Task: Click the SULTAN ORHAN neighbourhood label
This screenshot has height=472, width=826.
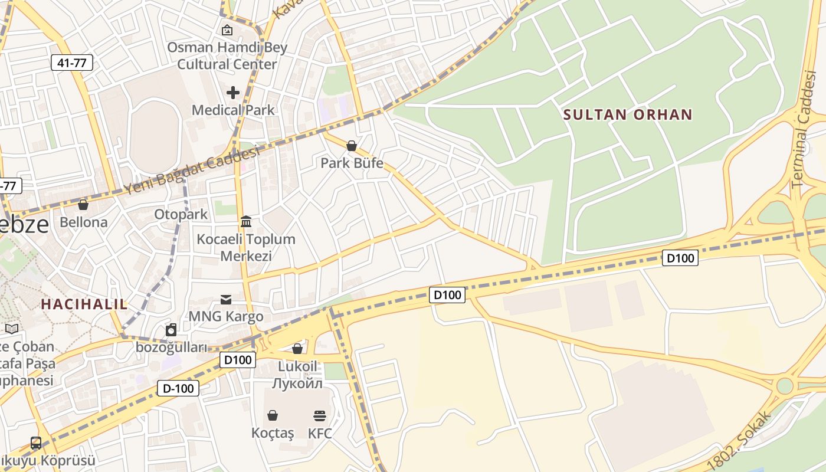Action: click(x=628, y=114)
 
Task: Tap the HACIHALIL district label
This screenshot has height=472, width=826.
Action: click(x=84, y=304)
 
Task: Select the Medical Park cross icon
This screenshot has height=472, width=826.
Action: click(x=233, y=92)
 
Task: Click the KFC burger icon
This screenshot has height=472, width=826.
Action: click(x=320, y=415)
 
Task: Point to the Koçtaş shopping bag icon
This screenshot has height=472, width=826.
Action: click(x=273, y=415)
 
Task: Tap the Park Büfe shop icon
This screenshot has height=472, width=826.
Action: click(x=352, y=145)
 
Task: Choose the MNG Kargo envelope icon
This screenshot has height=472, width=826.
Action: click(x=226, y=299)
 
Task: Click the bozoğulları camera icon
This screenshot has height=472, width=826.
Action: click(x=171, y=330)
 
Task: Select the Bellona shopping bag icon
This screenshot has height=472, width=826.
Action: click(x=83, y=205)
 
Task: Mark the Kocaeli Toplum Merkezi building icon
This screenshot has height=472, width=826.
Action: click(x=246, y=222)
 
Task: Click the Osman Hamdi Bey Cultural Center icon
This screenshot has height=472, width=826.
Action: click(x=227, y=29)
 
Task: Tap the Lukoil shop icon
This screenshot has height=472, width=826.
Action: click(x=297, y=349)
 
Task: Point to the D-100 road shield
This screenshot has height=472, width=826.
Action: click(x=178, y=388)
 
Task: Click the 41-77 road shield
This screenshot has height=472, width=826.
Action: click(x=72, y=63)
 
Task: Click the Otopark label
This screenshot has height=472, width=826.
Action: click(x=181, y=214)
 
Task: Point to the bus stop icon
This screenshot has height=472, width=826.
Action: click(x=36, y=442)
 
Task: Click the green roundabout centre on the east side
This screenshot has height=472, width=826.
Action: click(x=785, y=386)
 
